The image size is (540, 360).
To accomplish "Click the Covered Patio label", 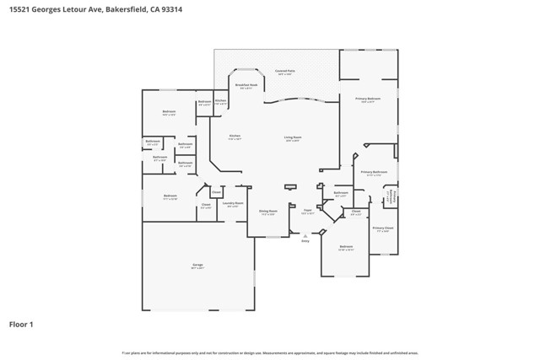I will coord(283,73).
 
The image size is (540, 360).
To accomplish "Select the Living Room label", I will coord(293,138).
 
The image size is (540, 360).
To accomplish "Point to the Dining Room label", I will coord(268,212).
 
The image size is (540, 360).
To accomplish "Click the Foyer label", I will coord(308,212).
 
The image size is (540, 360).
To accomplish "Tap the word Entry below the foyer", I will coord(305,240).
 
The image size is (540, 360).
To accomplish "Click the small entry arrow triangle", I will coord(305,235).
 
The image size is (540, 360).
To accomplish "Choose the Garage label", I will coord(197,266).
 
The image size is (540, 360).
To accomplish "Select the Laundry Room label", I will coord(233,204).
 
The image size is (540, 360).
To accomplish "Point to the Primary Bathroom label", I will coord(374,173).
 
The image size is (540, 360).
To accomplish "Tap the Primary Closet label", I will coord(382,229).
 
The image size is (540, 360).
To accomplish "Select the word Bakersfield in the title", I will coord(131,8).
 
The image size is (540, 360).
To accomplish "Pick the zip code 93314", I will coord(171,8).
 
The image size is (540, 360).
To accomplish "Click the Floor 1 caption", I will coord(21,323).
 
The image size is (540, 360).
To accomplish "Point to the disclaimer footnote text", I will coord(269,353).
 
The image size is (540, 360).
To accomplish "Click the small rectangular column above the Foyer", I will coord(291,187).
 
